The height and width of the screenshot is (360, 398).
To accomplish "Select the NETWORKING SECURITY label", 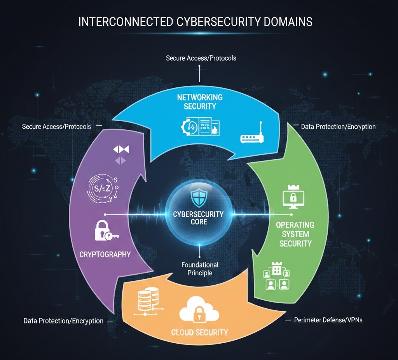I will coord(200,101).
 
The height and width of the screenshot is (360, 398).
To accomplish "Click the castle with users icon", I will coord(277,275).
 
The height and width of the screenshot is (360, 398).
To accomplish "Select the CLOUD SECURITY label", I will coord(200,332).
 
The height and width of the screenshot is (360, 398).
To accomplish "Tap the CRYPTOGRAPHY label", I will coord(105,255).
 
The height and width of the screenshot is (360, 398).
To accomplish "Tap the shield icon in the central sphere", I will coord(199,198).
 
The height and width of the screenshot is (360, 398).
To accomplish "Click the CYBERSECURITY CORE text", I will coord(199,218).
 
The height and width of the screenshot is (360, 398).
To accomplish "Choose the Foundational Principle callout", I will coord(200,269).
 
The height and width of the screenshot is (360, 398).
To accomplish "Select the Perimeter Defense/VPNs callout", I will coord(328,320).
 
